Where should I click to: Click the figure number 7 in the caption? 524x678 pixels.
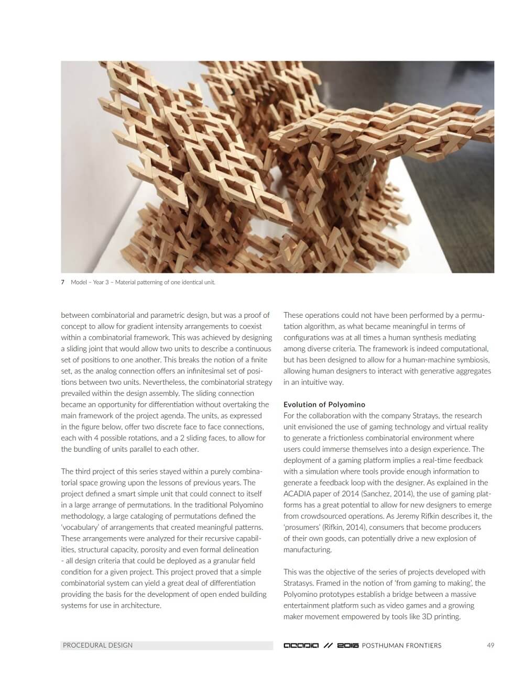[63, 282]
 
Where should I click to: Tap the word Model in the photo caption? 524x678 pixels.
[79, 282]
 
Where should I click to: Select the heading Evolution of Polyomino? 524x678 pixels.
[324, 404]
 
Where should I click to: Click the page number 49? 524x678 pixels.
[490, 645]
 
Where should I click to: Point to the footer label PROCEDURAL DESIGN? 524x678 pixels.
[97, 645]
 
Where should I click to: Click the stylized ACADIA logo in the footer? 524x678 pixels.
[301, 646]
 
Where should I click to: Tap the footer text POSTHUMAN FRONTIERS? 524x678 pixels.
[401, 646]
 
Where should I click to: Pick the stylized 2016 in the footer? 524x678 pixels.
[348, 646]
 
